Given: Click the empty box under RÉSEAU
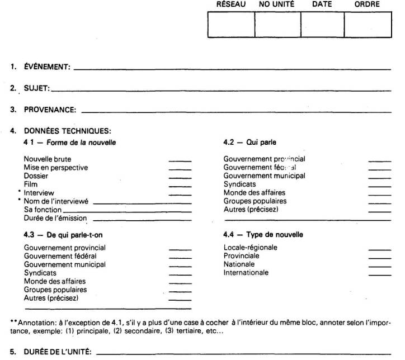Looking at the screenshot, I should click(x=231, y=24).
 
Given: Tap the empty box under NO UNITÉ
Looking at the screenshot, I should click(x=277, y=24).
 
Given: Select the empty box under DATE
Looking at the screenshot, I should click(x=322, y=24).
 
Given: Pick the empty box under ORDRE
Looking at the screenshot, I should click(x=367, y=24).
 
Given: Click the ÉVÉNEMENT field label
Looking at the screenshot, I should click(x=46, y=68).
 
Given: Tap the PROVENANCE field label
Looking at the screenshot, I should click(x=50, y=110).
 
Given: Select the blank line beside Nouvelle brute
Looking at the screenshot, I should click(x=180, y=161).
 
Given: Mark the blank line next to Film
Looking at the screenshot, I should click(x=180, y=185).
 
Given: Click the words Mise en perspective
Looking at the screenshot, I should click(x=55, y=167).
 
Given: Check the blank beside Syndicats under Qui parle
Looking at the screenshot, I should click(x=379, y=185).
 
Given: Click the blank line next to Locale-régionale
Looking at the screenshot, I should click(x=379, y=249).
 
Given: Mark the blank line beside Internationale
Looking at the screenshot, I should click(x=379, y=274).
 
